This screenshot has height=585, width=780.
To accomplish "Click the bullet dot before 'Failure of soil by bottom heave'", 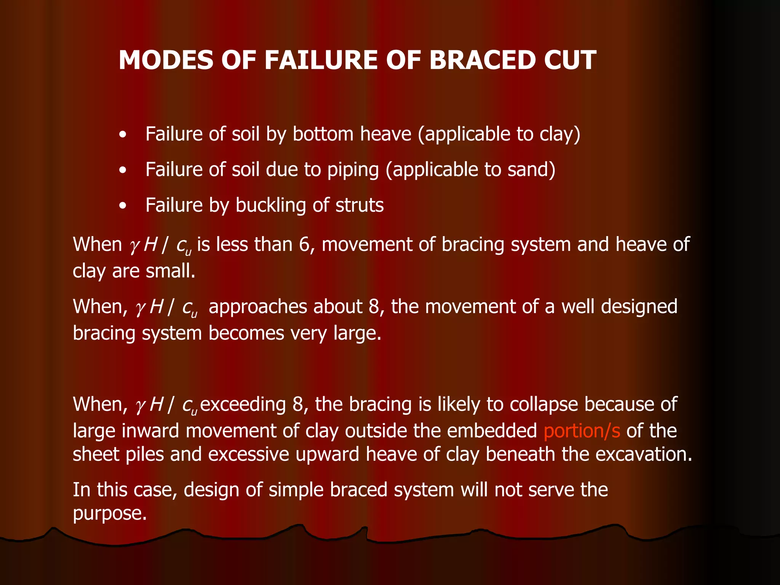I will click(122, 135).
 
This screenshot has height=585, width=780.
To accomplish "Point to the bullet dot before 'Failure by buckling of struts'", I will click(122, 206).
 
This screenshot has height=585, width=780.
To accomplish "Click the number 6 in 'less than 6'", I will click(305, 245).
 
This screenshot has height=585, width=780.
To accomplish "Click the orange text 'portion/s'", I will click(582, 431).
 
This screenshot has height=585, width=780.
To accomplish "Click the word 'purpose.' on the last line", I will click(110, 513).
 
